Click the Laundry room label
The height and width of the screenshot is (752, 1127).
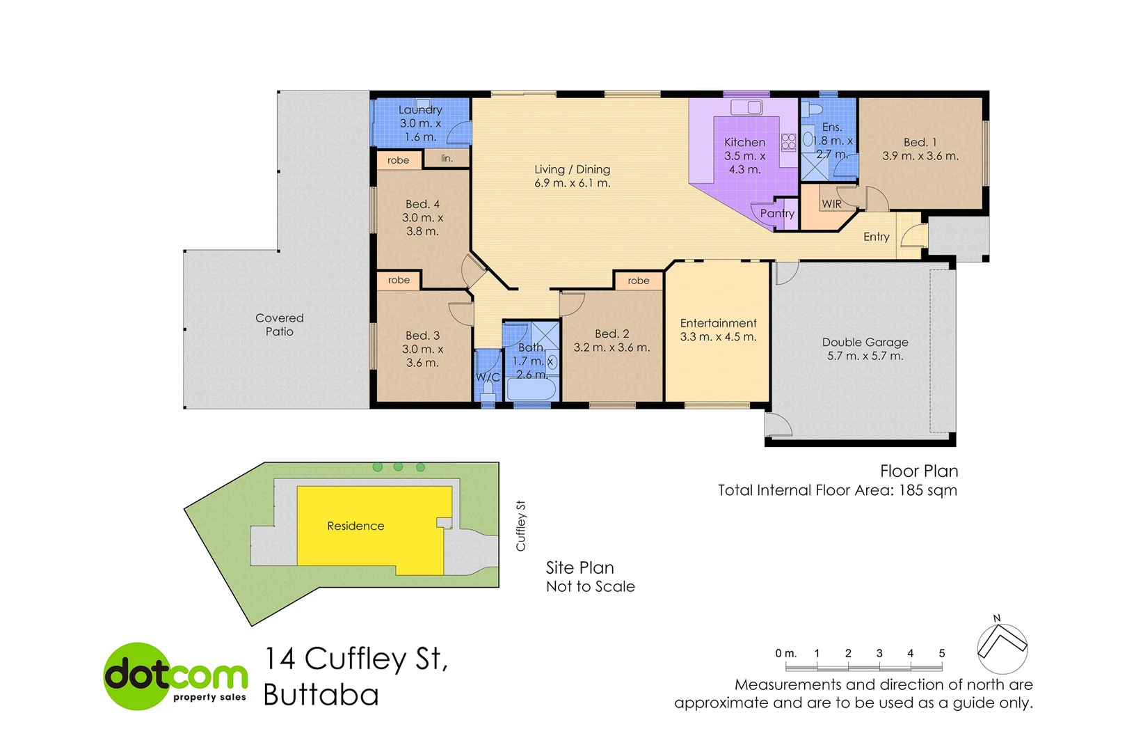coord(419,110)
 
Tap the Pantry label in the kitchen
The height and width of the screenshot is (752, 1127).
coord(777,213)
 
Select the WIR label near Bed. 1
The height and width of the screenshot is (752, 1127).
coord(831,204)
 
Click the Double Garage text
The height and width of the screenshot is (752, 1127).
coord(865,342)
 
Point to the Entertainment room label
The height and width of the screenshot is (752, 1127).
coord(718,323)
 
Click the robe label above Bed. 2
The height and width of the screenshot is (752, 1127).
coord(638,281)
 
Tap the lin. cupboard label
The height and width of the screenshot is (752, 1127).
coord(447,159)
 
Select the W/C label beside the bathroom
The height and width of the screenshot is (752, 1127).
coord(488,377)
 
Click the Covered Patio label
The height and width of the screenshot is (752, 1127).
coord(279,324)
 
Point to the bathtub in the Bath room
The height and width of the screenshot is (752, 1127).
coord(531,389)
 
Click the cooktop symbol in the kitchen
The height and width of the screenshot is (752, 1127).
coord(788,142)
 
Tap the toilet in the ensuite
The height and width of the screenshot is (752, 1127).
coord(814,109)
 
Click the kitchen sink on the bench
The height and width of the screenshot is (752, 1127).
coord(746,107)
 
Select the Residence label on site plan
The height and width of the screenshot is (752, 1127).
coord(355,526)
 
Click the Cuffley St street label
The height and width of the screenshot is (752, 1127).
coord(520,526)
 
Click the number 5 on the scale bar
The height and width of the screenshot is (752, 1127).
coord(941,653)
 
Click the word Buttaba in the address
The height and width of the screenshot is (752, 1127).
coord(321,695)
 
